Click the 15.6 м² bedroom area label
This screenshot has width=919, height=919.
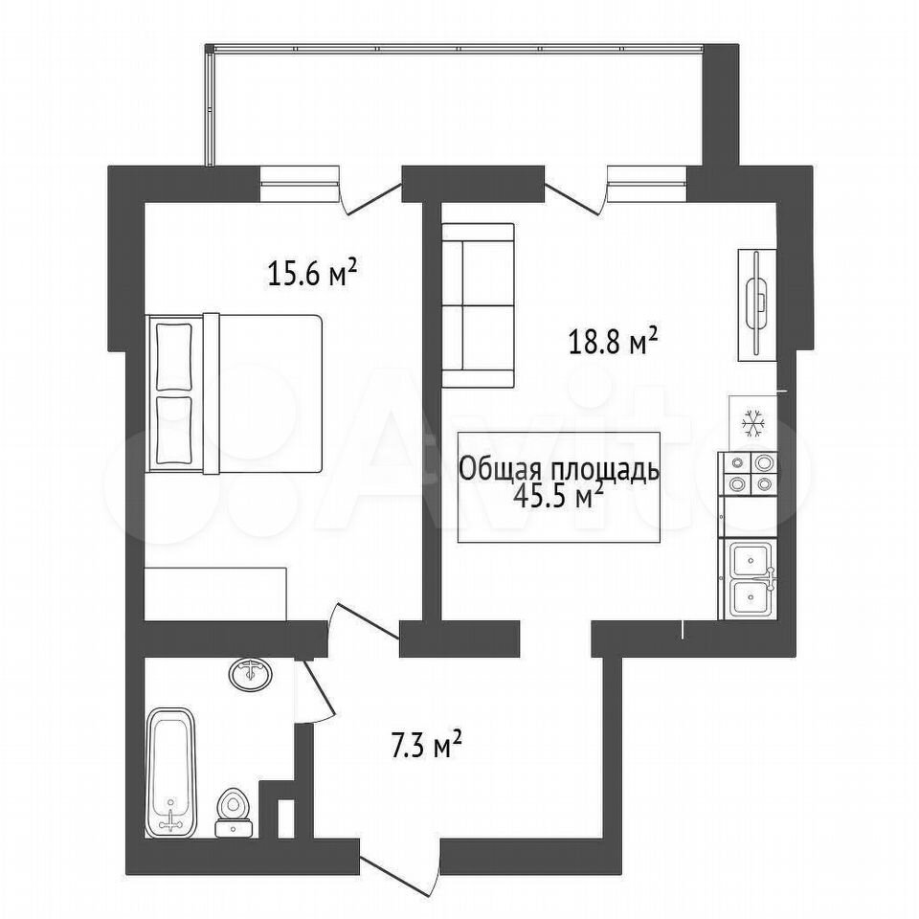coord(312,273)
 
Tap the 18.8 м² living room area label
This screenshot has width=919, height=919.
coord(613,342)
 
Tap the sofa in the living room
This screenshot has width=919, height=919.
coord(478,305)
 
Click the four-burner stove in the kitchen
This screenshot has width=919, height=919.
coord(748,474)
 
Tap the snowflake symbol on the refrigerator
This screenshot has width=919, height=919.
coord(753,424)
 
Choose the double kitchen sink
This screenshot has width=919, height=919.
coord(749,579)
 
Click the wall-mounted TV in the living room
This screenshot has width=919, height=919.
coord(756,304)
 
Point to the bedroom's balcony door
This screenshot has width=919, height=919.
coord(371,198)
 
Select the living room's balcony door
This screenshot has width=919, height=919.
coord(575,197)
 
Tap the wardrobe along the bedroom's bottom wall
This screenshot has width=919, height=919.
coord(215,594)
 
